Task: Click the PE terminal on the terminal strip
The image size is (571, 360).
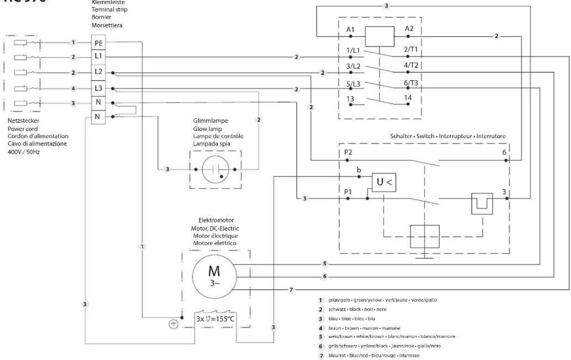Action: tap(98, 42)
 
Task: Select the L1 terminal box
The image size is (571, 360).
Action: tap(98, 56)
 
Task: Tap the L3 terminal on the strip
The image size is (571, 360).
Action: tap(98, 88)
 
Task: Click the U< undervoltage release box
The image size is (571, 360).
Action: tap(384, 181)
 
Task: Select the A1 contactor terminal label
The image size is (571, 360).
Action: tap(350, 30)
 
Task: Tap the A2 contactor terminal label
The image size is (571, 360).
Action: tap(409, 28)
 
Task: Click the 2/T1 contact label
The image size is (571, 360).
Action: tap(411, 49)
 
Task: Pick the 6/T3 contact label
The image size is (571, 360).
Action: tap(411, 83)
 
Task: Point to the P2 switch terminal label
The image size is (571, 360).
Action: tap(348, 153)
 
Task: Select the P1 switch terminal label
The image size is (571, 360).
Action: tap(348, 191)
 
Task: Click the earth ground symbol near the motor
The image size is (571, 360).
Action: tap(174, 325)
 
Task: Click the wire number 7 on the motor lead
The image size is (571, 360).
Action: tap(291, 290)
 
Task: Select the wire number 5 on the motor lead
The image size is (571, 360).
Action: tap(325, 264)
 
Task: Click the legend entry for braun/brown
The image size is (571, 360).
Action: tap(359, 328)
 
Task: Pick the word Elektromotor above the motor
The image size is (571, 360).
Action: tap(216, 221)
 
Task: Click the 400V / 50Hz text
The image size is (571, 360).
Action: tap(24, 151)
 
